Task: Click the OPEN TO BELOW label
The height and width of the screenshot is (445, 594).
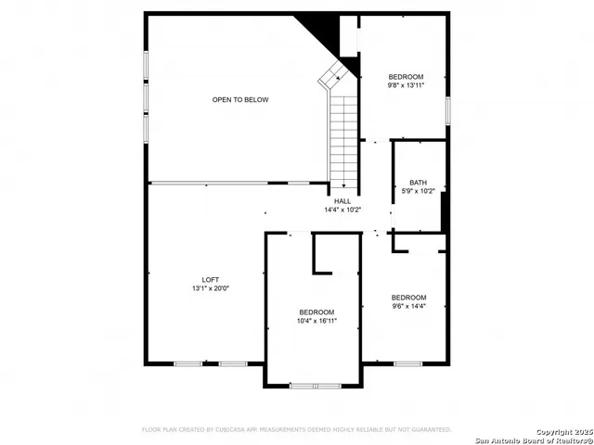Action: pos(240,99)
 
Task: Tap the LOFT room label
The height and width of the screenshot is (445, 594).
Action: pos(211,280)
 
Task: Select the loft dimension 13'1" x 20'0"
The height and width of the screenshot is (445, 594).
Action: pos(211,289)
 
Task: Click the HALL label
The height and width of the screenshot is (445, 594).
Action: pos(342,200)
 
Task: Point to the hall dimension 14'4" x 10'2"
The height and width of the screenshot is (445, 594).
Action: pos(342,210)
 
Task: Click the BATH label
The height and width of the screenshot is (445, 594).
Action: pos(418,182)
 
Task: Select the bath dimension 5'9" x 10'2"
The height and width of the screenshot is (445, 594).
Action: pos(418,191)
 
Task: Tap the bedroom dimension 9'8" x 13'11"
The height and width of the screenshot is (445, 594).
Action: pos(406,85)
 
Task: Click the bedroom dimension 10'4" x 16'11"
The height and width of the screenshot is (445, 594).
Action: pos(316,321)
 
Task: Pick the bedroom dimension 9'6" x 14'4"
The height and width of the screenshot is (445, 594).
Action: pos(408,305)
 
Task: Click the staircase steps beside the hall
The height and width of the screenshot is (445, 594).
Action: pos(343,134)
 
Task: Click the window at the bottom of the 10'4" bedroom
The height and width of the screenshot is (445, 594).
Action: pos(315,385)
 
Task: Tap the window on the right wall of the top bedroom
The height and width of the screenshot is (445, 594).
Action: pos(448,109)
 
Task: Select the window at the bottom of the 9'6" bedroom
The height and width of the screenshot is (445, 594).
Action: pos(408,363)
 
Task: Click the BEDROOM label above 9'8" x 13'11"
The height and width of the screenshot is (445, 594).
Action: pos(406,76)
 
